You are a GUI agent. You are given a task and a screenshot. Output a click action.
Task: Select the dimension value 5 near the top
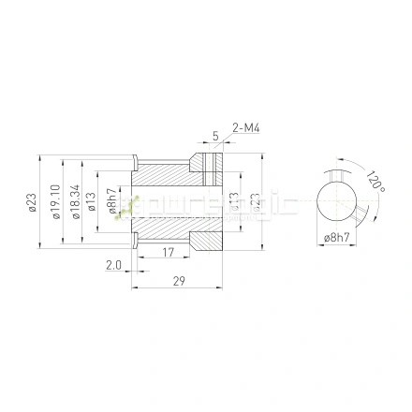(x=214, y=136)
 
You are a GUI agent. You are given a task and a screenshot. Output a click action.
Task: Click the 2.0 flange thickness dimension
(x=113, y=266)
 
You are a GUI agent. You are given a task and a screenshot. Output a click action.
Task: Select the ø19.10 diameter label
(x=56, y=201)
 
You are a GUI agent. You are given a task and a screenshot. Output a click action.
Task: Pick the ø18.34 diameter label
(x=73, y=201)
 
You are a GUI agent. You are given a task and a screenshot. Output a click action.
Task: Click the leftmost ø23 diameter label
(x=32, y=201)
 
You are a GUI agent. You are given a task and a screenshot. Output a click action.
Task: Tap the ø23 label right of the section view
(x=254, y=201)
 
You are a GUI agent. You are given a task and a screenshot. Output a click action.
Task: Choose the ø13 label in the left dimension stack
(x=92, y=201)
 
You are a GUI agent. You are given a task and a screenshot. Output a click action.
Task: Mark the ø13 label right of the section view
(x=235, y=201)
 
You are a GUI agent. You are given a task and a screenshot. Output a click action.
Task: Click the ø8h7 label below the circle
(x=335, y=239)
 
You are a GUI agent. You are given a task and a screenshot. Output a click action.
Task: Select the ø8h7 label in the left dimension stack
(x=111, y=201)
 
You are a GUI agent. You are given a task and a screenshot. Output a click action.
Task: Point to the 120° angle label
(x=375, y=181)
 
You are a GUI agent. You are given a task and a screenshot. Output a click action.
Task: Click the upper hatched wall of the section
(x=169, y=173)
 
